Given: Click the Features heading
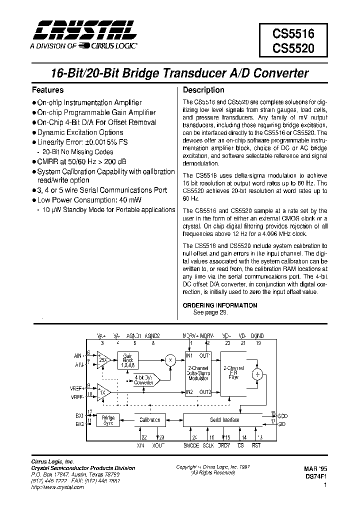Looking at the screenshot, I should coord(47,90).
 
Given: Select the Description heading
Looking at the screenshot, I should coord(203,90).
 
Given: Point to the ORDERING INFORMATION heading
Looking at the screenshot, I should coord(220,305).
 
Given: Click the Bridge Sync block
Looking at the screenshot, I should coord(108,420).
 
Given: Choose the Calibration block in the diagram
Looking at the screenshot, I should coord(149,420).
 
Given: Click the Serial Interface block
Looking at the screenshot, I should coord(224,420).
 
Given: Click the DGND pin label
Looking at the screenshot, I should coord(257,337).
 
